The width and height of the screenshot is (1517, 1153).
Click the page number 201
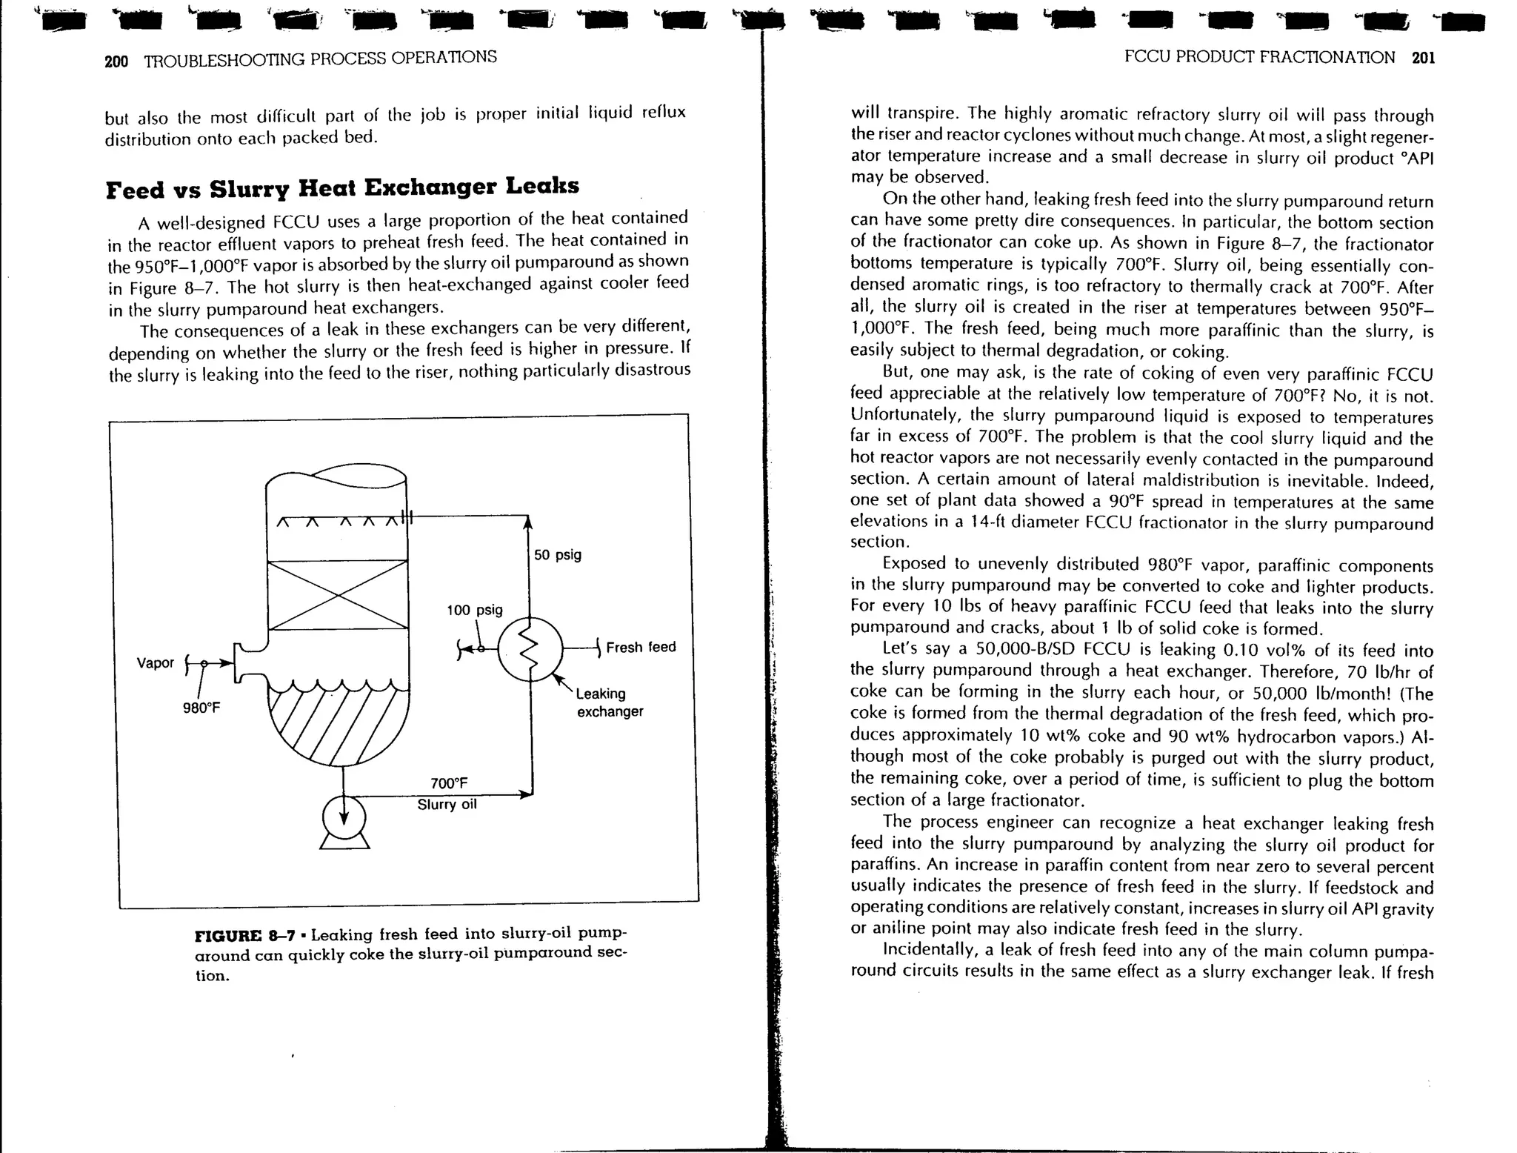(1423, 58)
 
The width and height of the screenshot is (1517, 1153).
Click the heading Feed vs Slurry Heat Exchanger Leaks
(342, 187)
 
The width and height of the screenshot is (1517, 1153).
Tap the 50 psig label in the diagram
(558, 555)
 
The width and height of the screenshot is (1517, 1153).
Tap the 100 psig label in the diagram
(474, 610)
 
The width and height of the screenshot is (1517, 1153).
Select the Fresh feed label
(641, 647)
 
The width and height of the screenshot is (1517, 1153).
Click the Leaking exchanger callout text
(609, 702)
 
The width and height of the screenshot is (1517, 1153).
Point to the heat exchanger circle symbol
(530, 648)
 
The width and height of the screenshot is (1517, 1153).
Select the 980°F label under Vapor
(201, 708)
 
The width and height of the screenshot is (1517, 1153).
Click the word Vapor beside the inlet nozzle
(156, 662)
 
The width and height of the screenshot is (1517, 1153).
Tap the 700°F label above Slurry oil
(449, 783)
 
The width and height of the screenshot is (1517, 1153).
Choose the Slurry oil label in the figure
(447, 805)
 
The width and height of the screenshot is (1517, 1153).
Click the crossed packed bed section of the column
(338, 594)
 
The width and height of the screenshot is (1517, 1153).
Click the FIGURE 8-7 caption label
(244, 935)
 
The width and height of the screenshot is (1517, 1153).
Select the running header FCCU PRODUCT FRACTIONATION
(1259, 58)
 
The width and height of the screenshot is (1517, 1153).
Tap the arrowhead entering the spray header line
(527, 523)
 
